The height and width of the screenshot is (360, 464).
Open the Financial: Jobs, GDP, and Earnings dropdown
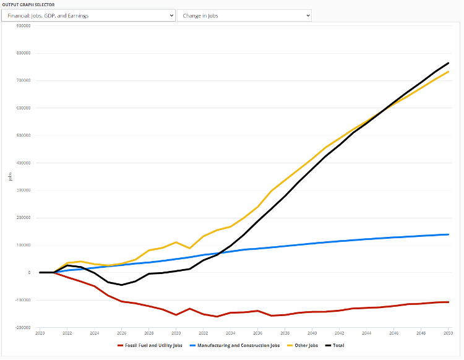coord(88,15)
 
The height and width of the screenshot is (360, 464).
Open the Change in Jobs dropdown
coord(244,15)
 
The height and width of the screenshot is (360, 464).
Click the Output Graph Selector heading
coord(28,4)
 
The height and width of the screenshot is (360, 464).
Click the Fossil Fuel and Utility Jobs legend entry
coord(150,345)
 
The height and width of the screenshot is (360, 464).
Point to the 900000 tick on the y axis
coord(24,26)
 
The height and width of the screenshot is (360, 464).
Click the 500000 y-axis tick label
coord(24,135)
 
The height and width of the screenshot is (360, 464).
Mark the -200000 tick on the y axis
coord(24,327)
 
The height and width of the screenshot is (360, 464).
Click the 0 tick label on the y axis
coord(29,273)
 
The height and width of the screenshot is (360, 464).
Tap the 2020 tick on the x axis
coord(40,332)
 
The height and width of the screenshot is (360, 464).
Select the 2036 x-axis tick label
coord(257,332)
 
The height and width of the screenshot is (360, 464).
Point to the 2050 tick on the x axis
coord(448,332)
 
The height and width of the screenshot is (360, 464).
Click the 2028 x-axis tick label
coord(148,332)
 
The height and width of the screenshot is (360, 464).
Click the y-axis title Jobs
coord(10,176)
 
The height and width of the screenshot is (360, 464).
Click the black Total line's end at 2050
coord(448,63)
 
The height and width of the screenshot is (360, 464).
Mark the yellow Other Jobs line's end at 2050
coord(448,72)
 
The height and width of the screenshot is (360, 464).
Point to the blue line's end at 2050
coord(448,234)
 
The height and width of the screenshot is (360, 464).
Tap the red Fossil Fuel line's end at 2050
coord(448,302)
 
